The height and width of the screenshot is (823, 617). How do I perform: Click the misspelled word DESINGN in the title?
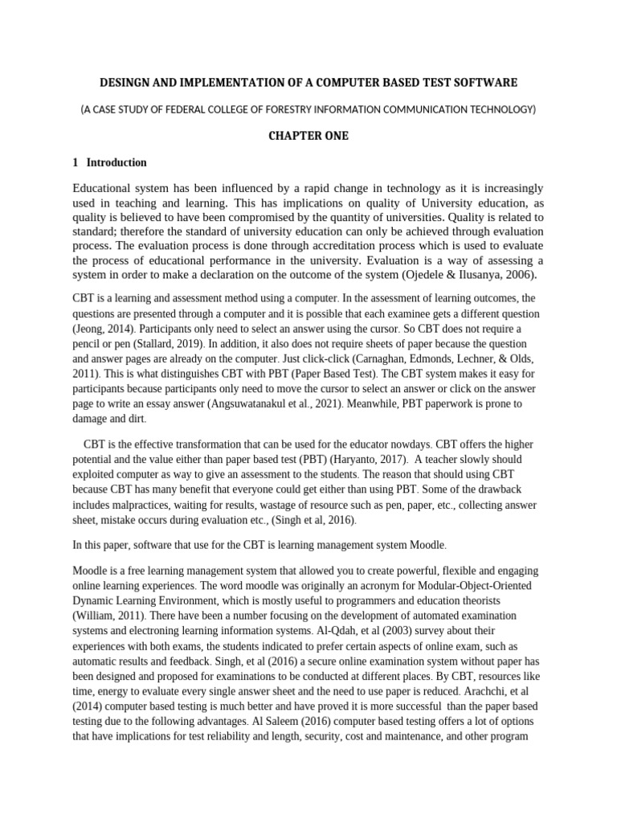click(x=126, y=83)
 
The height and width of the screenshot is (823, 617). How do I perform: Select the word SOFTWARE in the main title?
click(x=484, y=83)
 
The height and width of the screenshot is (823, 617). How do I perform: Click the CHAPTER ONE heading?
click(x=308, y=136)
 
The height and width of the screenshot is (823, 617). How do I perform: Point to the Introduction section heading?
click(x=116, y=162)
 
